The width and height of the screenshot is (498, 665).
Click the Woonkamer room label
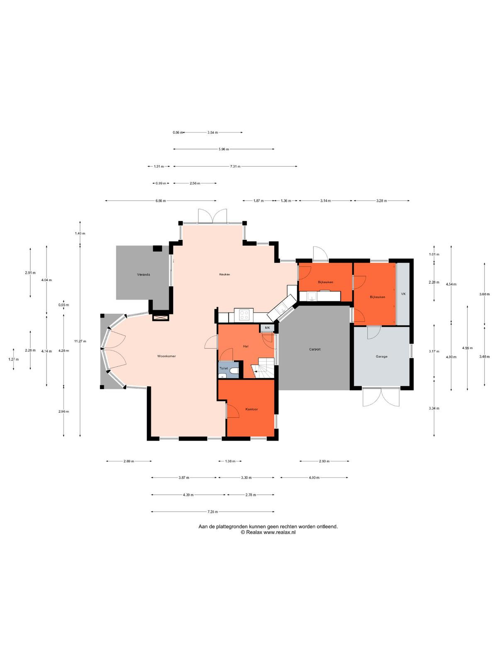166,356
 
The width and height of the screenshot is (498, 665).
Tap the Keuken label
225,274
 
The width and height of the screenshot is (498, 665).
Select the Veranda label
143,274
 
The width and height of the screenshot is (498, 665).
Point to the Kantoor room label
251,409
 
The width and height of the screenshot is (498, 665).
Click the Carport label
315,349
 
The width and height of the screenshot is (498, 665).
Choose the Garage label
381,357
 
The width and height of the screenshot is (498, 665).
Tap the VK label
403,294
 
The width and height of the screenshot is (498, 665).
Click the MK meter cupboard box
267,328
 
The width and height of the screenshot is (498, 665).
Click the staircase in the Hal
263,368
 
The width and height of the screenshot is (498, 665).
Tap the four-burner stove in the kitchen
244,314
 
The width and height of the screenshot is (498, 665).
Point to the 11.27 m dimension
80,341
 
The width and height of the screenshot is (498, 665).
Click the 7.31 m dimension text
235,166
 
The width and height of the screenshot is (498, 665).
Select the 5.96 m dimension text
224,149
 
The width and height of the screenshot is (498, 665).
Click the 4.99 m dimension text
467,348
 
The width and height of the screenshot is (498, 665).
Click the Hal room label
246,346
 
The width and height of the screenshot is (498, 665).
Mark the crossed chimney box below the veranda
161,318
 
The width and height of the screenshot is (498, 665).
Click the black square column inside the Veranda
157,249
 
